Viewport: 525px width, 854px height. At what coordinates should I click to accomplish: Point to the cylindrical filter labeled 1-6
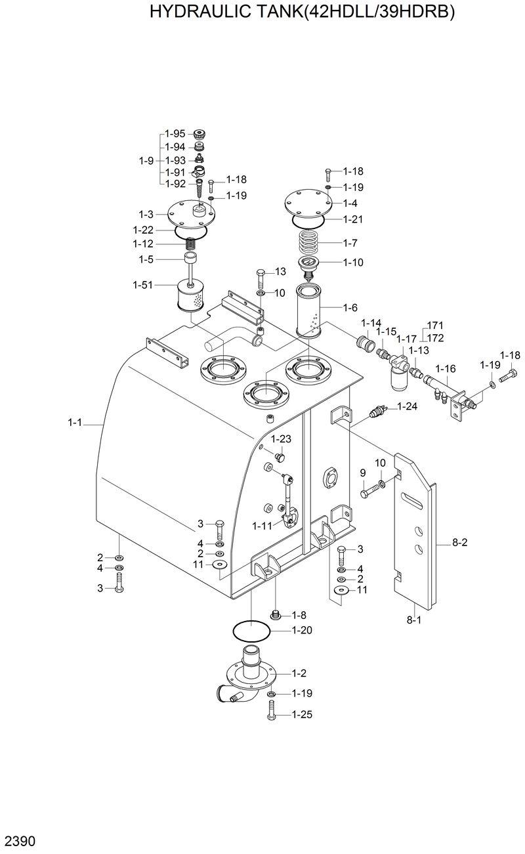click(x=310, y=309)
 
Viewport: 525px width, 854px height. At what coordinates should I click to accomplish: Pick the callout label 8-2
click(x=460, y=542)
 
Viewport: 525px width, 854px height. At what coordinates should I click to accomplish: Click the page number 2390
click(x=20, y=841)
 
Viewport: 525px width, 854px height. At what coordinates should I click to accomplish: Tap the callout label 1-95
click(x=175, y=133)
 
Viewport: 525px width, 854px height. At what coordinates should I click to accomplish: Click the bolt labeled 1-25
click(x=272, y=712)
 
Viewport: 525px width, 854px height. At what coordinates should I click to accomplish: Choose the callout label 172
click(x=435, y=337)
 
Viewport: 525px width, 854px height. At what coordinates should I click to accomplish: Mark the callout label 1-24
click(x=408, y=406)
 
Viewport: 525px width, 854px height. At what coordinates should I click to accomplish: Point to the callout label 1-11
click(x=262, y=526)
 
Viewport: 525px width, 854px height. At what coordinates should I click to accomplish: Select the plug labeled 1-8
click(x=276, y=615)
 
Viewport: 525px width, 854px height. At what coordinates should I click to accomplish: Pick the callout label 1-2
click(x=299, y=673)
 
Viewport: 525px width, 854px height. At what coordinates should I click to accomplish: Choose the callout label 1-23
click(x=282, y=438)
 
